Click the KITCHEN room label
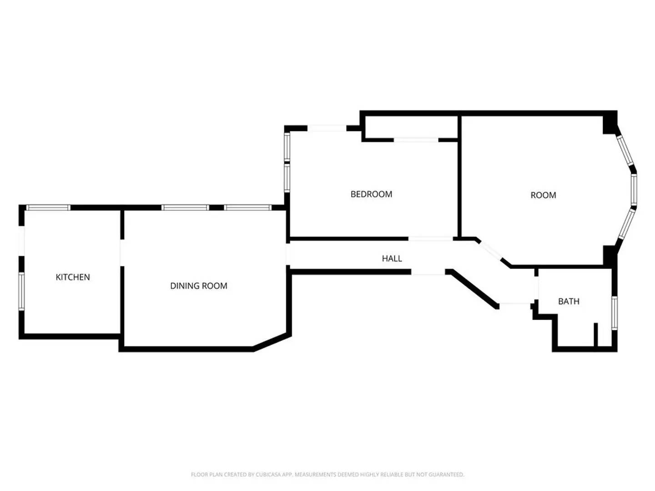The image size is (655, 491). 73,277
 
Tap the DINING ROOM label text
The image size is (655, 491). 198,286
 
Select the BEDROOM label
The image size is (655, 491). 371,194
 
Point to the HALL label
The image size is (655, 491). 392,258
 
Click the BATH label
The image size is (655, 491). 569,301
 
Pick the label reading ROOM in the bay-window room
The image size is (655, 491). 543,195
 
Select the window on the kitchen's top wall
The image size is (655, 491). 48,207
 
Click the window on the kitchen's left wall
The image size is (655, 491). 21,291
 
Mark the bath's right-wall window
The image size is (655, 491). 615,313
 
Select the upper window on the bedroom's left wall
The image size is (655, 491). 287,147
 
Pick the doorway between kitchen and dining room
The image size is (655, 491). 122,253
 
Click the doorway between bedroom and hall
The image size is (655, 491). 430,238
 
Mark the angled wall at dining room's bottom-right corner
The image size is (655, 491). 272,342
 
